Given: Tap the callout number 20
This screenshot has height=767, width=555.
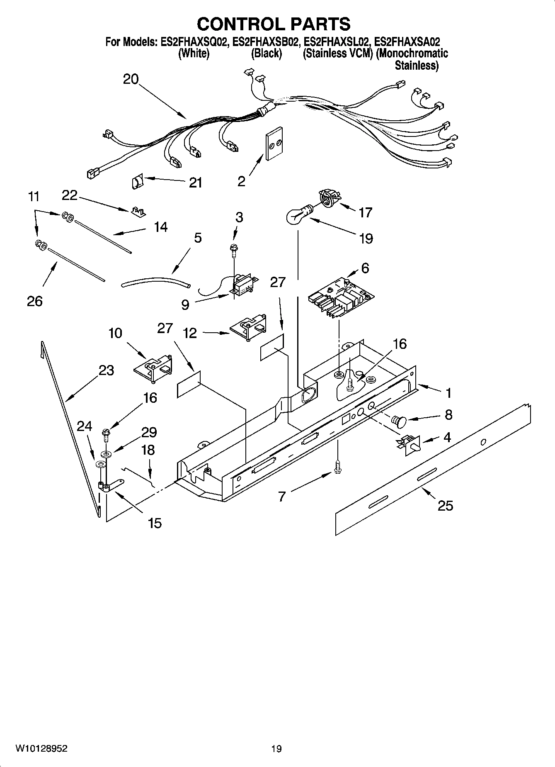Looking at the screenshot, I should coord(131,79).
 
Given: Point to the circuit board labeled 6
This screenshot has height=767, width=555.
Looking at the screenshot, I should coord(341,299).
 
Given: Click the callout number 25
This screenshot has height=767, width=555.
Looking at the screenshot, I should coord(446,506).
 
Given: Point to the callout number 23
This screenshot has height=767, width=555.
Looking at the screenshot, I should coord(106,370).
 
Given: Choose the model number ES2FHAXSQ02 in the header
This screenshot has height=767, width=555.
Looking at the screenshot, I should coord(194,42).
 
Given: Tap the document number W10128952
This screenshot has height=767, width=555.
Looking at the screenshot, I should coord(41,748).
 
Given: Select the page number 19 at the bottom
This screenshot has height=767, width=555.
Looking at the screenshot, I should coord(276,749).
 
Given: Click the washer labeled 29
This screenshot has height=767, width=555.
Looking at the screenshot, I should coord(106,453).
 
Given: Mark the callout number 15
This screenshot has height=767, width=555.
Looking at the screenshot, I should coord(155,523).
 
